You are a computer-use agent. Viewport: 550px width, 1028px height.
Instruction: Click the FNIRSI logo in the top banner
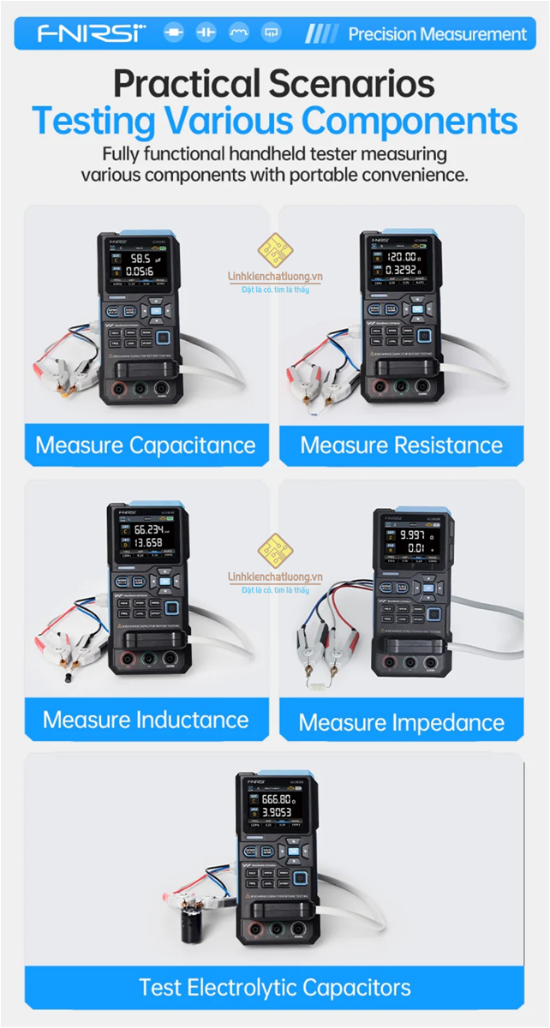pyautogui.click(x=91, y=33)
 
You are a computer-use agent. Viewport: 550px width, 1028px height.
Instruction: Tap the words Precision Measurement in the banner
pyautogui.click(x=437, y=34)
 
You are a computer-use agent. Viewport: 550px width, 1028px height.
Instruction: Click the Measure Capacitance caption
pyautogui.click(x=146, y=445)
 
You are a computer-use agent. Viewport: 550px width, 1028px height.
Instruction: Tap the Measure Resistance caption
pyautogui.click(x=402, y=445)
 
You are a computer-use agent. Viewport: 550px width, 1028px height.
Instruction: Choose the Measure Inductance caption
pyautogui.click(x=146, y=720)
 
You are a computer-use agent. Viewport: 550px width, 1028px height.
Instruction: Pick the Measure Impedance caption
pyautogui.click(x=402, y=723)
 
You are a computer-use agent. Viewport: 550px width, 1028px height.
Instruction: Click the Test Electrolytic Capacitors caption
pyautogui.click(x=275, y=987)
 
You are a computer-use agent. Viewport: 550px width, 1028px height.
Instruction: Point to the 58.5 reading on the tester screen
pyautogui.click(x=140, y=258)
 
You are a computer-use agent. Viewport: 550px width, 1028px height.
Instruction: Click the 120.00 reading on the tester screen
pyautogui.click(x=400, y=256)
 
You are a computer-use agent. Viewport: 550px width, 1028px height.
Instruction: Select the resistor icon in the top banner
pyautogui.click(x=174, y=33)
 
